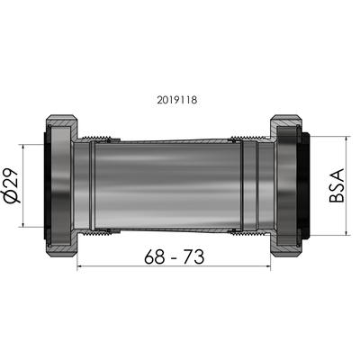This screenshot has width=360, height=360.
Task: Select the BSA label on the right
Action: [x=338, y=184]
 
